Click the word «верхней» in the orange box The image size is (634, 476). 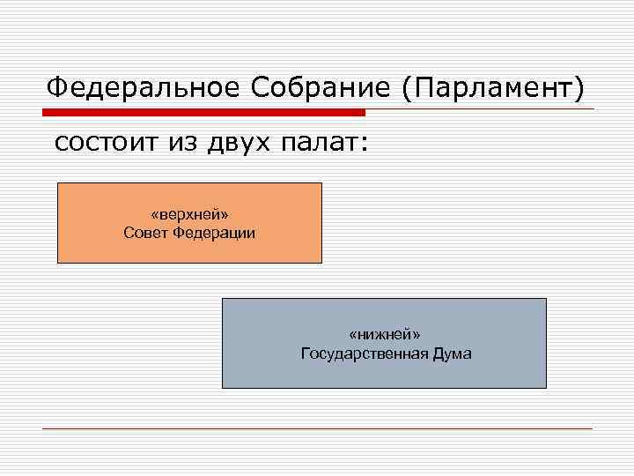pos(189,215)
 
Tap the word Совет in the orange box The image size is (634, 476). pos(146,234)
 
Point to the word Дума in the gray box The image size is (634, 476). pos(452,354)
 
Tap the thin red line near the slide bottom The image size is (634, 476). pos(317,428)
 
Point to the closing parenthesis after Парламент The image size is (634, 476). pos(579,88)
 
